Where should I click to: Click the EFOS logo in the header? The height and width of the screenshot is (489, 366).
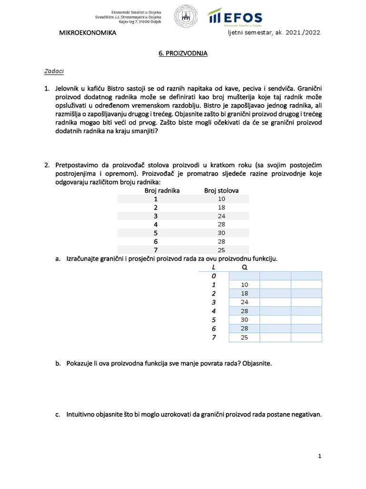pyautogui.click(x=235, y=17)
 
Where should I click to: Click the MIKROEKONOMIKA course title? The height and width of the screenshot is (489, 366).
pyautogui.click(x=87, y=33)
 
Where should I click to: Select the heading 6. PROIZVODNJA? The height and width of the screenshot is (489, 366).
pyautogui.click(x=183, y=53)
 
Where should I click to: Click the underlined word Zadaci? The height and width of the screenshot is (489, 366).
pyautogui.click(x=54, y=71)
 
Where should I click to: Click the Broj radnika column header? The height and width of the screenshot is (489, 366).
pyautogui.click(x=162, y=191)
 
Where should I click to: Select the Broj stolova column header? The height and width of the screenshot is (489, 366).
pyautogui.click(x=221, y=191)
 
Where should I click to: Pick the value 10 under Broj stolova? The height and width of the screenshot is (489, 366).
pyautogui.click(x=221, y=199)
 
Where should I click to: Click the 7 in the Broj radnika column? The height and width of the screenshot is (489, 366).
pyautogui.click(x=155, y=250)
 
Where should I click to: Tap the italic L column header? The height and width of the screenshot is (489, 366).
pyautogui.click(x=213, y=267)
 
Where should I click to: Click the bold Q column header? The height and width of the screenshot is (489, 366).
pyautogui.click(x=244, y=267)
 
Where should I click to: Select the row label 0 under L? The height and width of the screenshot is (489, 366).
pyautogui.click(x=214, y=276)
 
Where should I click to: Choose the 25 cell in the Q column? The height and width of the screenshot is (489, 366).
pyautogui.click(x=244, y=338)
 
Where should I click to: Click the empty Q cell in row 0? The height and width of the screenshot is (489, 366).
pyautogui.click(x=244, y=276)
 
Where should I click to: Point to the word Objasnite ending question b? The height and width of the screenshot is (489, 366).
pyautogui.click(x=257, y=363)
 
